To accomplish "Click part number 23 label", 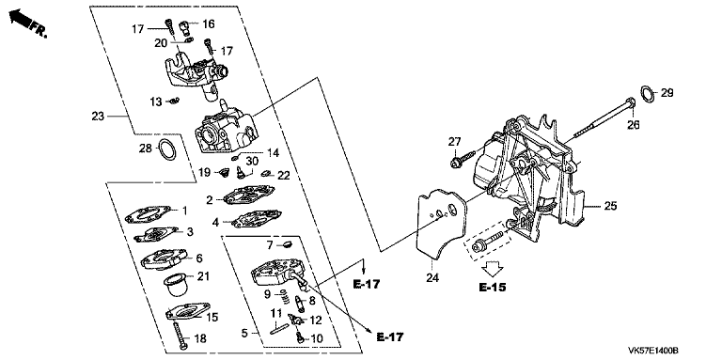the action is [x=98, y=117].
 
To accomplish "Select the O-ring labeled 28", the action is [x=167, y=149].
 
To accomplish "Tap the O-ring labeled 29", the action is [x=648, y=94].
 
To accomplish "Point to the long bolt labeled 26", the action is [x=604, y=117].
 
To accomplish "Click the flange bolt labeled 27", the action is [x=462, y=159].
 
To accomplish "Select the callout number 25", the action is [x=610, y=206].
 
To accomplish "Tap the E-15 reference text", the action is [x=493, y=288].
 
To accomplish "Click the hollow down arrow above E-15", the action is [x=493, y=267].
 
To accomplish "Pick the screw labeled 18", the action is [x=180, y=336].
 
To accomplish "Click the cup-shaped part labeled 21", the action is [x=175, y=285].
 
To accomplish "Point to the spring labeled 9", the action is [x=285, y=296].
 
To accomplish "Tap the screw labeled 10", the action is [x=300, y=337].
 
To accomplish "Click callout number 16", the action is [x=208, y=23].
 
